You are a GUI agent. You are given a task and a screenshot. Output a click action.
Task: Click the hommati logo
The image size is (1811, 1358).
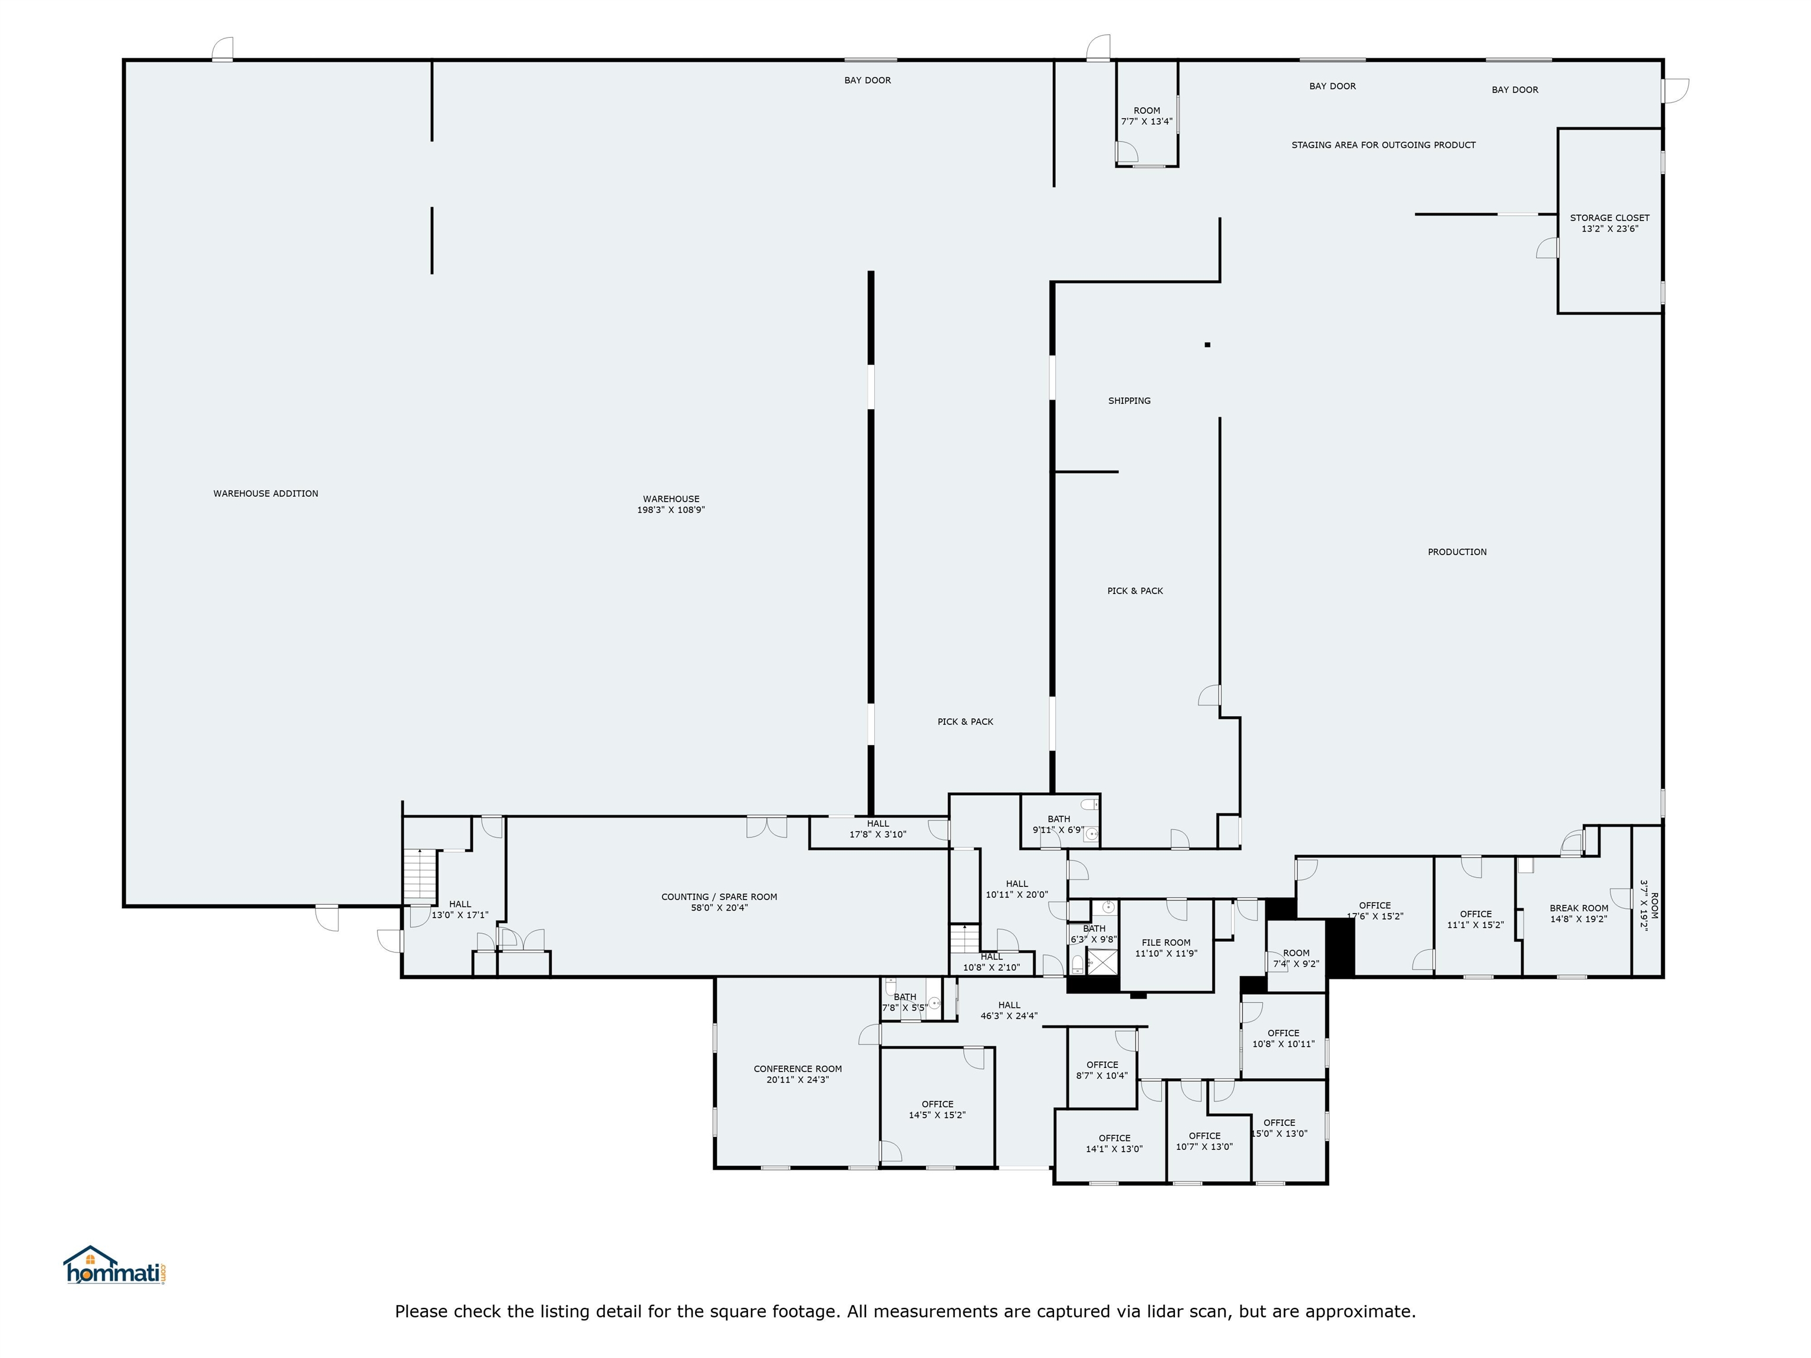(x=116, y=1265)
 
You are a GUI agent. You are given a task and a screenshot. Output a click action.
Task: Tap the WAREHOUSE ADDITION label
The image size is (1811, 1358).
(x=266, y=493)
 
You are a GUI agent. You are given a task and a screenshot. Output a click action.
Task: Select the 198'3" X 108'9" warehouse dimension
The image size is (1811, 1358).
(x=671, y=510)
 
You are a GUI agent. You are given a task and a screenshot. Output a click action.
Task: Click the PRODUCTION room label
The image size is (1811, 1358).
(x=1457, y=552)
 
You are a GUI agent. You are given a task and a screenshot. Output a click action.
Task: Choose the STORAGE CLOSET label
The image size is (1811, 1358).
(x=1609, y=217)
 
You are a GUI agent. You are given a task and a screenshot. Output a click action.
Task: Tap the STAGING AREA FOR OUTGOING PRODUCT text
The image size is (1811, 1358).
(x=1384, y=145)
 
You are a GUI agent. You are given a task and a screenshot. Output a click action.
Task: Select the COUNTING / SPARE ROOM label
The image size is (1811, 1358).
(x=720, y=897)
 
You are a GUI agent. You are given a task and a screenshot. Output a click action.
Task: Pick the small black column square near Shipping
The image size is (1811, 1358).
(x=1207, y=345)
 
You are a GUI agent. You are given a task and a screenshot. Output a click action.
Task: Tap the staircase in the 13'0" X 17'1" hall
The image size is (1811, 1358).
(x=420, y=876)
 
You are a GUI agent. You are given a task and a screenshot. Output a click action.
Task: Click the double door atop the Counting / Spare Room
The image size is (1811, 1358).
(x=767, y=827)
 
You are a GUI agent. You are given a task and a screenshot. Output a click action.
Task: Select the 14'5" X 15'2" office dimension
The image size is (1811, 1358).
(x=937, y=1115)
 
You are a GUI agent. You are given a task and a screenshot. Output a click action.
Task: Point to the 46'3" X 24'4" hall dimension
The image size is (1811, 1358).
(x=1009, y=1016)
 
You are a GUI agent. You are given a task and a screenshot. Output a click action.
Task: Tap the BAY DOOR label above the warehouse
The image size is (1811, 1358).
(x=868, y=80)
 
